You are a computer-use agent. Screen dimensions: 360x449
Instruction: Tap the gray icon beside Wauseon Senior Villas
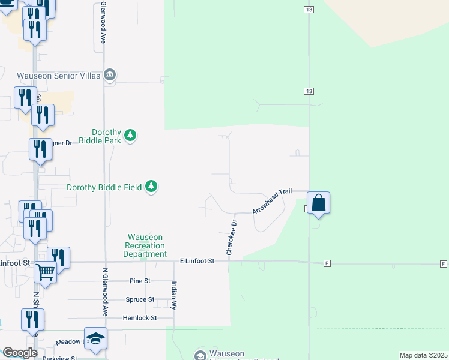(110, 75)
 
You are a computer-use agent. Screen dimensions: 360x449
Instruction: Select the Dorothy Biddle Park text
(106, 136)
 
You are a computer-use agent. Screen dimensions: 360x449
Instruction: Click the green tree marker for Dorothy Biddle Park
(130, 136)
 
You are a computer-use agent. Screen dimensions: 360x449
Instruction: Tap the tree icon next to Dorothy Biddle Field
(151, 187)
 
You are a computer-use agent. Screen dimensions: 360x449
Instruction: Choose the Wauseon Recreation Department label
(145, 245)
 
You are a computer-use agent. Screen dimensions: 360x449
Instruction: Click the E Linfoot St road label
(197, 262)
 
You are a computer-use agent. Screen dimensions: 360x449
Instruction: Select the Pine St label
(140, 281)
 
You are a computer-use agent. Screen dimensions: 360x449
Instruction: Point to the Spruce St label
(140, 299)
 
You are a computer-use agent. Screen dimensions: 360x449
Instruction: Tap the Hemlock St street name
(139, 318)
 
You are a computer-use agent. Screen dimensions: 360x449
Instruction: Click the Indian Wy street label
(174, 294)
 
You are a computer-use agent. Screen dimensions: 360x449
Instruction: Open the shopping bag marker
(318, 203)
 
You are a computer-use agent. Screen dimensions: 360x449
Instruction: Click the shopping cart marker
(45, 274)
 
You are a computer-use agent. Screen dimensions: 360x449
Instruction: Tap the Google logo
(19, 353)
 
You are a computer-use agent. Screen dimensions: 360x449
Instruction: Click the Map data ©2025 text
(423, 355)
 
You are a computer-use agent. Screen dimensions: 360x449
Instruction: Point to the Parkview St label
(60, 358)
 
